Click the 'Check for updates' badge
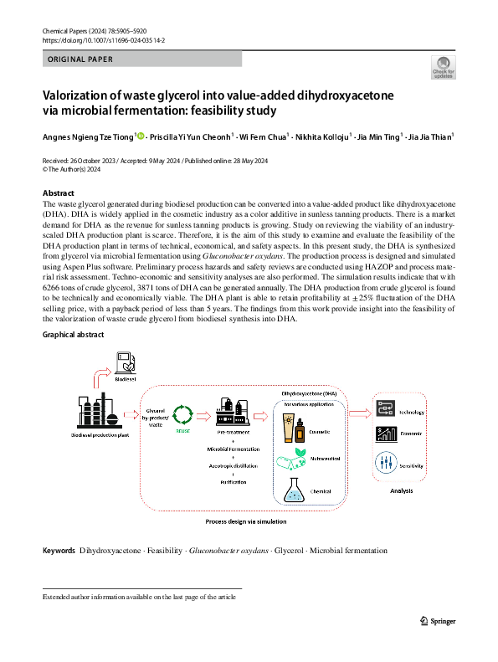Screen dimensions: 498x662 (x=442, y=68)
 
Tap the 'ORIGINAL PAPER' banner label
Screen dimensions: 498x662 (x=80, y=59)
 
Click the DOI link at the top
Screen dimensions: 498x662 (x=105, y=39)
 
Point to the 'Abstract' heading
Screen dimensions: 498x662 (x=59, y=192)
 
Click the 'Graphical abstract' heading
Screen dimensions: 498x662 (x=74, y=335)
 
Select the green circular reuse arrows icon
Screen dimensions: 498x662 (x=182, y=413)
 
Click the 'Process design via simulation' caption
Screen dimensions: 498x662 (x=245, y=521)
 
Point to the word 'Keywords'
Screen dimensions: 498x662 (x=59, y=551)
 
